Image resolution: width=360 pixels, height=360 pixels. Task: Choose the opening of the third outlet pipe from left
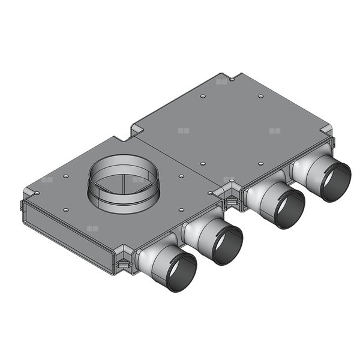[x=287, y=208]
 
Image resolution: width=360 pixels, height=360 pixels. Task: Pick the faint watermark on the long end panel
[x=92, y=229]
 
